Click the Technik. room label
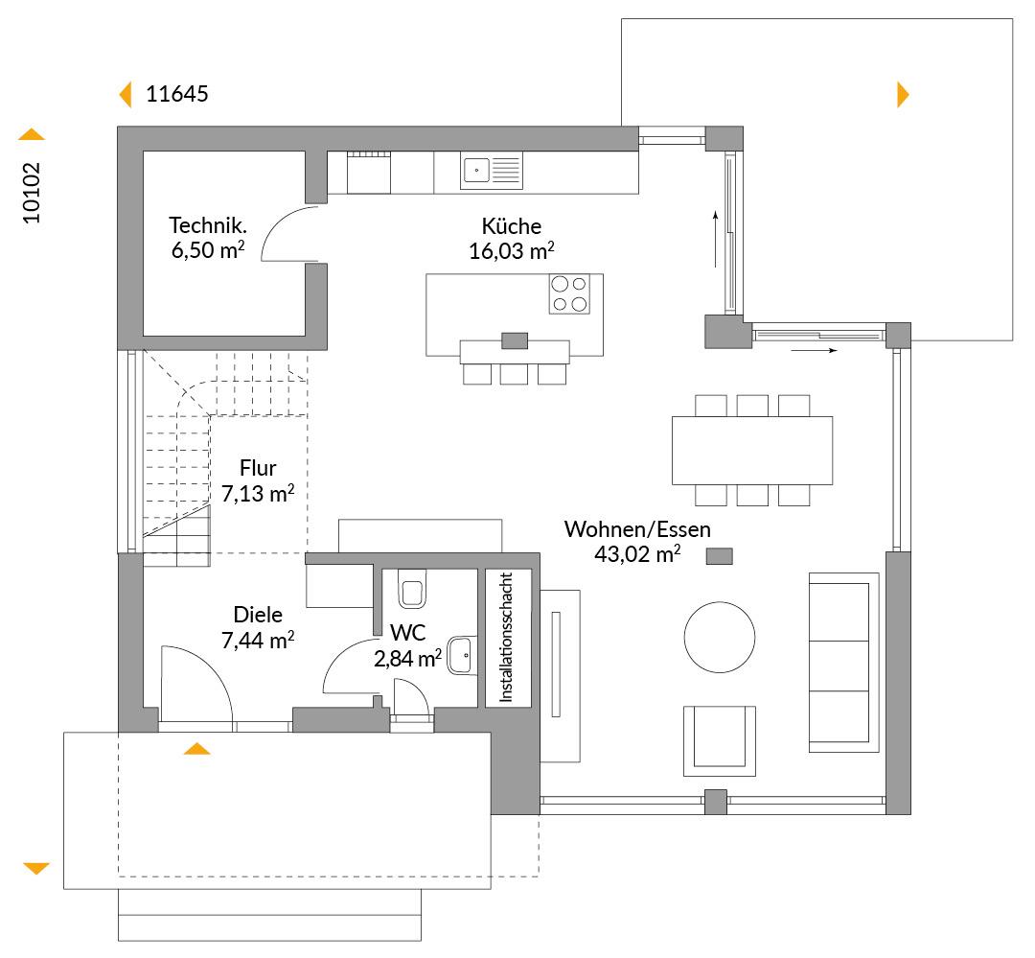(x=208, y=226)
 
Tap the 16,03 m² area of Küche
(x=512, y=251)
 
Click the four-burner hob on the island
(x=569, y=294)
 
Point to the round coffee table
(x=720, y=637)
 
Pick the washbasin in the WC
(x=463, y=655)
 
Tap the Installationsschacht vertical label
(x=506, y=637)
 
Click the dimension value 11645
(x=177, y=94)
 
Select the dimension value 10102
(x=32, y=193)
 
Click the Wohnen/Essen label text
(x=637, y=529)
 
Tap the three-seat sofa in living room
(x=844, y=663)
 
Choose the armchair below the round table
(x=720, y=740)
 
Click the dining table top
(x=752, y=451)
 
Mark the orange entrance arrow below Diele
(x=196, y=749)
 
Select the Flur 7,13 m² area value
(x=258, y=494)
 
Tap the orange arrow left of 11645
(x=126, y=95)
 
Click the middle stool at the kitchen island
(x=514, y=374)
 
